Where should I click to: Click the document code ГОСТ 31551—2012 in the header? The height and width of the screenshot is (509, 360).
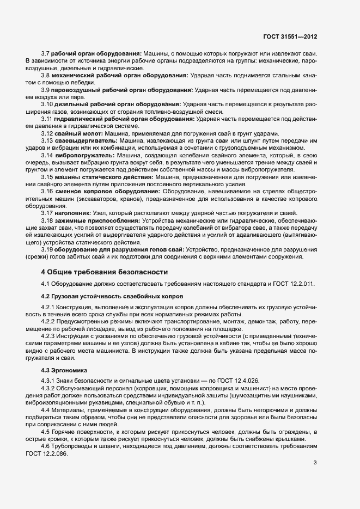290,38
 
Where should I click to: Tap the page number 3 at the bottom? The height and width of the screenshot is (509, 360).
315,463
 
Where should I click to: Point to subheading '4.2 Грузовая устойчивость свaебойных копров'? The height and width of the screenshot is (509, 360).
112,296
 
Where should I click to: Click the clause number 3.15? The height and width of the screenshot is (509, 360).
47,177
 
